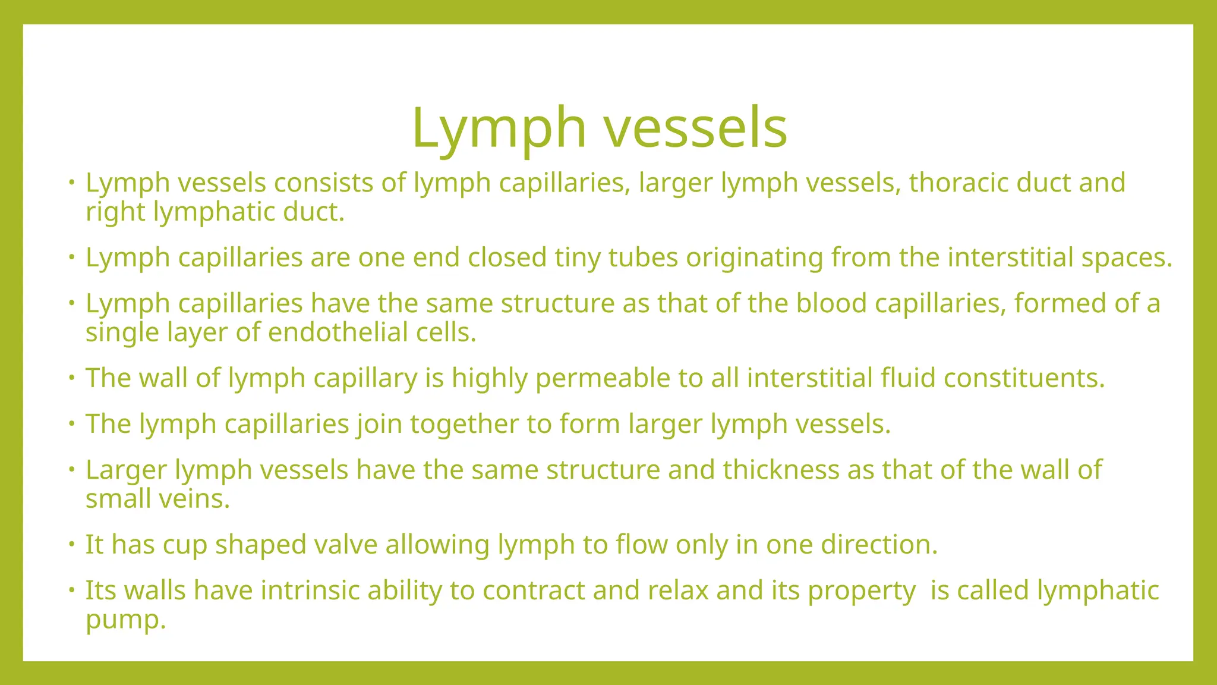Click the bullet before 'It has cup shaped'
point(71,543)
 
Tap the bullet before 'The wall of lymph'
point(71,377)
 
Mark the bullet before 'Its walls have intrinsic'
point(71,589)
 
